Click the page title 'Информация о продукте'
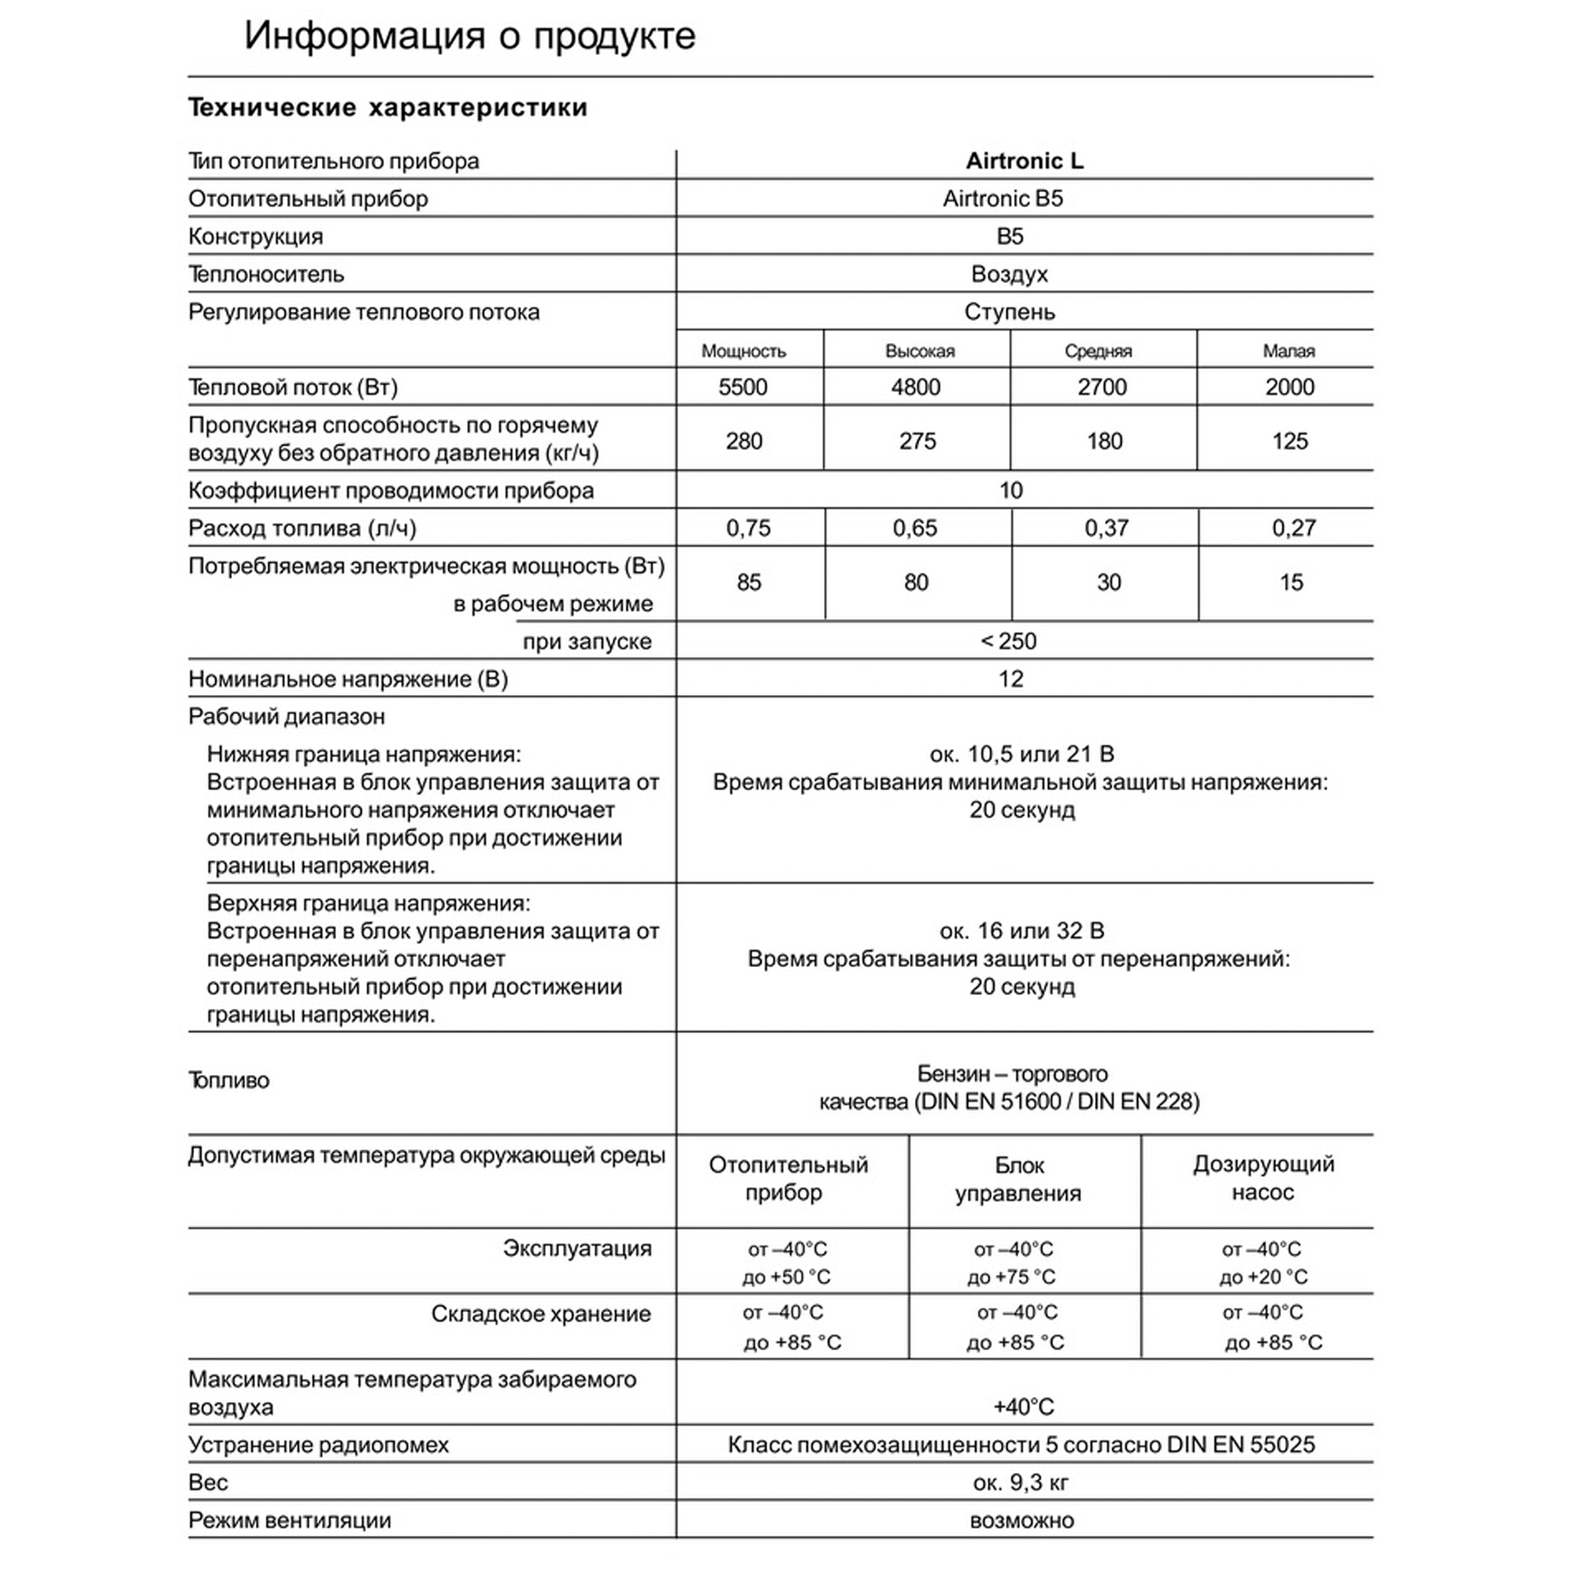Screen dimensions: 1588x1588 470,36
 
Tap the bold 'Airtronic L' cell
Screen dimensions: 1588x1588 1024,161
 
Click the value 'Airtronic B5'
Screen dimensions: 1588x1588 1002,199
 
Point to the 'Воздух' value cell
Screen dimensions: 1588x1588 1009,275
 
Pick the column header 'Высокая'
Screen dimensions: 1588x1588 920,351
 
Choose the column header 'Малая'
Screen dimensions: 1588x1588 1288,351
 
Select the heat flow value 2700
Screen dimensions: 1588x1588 1102,387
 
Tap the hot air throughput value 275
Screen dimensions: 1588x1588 917,441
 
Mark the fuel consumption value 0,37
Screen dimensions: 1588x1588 1106,528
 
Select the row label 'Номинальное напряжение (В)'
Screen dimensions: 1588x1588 348,679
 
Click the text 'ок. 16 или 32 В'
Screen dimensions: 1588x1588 1022,931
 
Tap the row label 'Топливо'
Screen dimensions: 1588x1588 229,1080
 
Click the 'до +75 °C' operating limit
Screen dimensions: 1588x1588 1011,1276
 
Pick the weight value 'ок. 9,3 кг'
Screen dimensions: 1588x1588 1021,1482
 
